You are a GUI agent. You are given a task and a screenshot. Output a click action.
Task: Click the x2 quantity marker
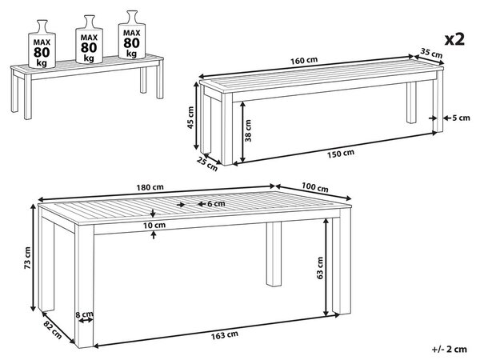[454, 39]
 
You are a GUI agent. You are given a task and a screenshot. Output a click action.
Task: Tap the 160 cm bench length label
[304, 60]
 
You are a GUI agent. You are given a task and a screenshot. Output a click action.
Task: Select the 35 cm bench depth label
[431, 53]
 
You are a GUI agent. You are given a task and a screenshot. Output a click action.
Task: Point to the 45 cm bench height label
[190, 118]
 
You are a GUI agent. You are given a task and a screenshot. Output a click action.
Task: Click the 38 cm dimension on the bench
[248, 130]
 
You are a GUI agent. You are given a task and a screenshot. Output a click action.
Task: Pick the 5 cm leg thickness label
[461, 118]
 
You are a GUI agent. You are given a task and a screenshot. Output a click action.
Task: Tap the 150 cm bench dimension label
[341, 154]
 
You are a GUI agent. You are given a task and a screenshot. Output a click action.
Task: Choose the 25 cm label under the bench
[207, 164]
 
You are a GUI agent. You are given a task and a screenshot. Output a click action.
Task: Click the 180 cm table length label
[150, 187]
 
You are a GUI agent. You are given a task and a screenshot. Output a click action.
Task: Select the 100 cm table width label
[315, 187]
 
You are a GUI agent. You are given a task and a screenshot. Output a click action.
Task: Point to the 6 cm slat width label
[216, 203]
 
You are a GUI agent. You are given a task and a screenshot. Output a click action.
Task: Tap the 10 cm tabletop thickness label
[154, 226]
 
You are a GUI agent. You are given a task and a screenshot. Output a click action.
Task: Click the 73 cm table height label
[27, 258]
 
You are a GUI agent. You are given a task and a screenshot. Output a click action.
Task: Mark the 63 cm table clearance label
[320, 268]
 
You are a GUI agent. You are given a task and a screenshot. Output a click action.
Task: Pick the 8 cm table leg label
[85, 314]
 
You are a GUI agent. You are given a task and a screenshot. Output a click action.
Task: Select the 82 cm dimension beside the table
[53, 330]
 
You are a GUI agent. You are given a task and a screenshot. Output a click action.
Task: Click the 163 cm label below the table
[225, 335]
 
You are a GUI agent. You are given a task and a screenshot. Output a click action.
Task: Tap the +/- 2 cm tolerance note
[450, 349]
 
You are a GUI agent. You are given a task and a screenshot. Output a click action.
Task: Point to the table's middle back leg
[274, 254]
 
